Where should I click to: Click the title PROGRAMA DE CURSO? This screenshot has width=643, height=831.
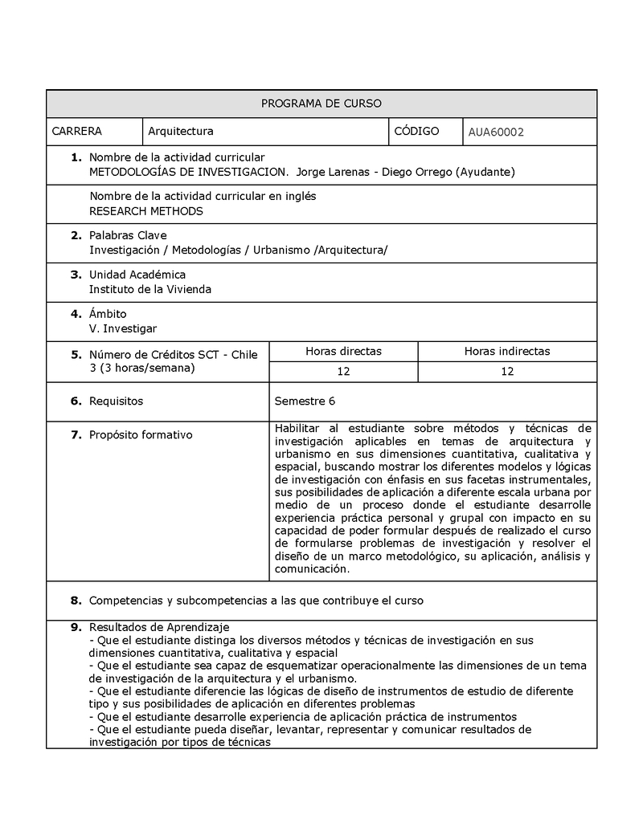[321, 104]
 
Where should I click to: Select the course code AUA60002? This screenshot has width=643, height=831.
[496, 132]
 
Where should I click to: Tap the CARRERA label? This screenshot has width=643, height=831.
[76, 131]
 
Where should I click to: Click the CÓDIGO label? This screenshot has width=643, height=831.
[416, 131]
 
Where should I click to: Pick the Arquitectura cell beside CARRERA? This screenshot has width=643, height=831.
[180, 131]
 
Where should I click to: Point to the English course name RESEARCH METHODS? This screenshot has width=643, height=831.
[146, 211]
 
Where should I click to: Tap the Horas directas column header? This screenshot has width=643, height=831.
[343, 351]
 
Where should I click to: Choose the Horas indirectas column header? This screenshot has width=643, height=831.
[506, 351]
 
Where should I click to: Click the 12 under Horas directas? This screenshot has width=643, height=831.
[343, 371]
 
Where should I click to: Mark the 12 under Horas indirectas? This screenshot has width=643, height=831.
[506, 371]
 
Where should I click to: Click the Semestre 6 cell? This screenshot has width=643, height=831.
[305, 401]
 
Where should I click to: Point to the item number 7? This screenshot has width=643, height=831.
[76, 435]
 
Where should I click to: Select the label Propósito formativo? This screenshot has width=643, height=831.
[141, 435]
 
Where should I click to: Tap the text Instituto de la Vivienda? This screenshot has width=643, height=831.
[149, 289]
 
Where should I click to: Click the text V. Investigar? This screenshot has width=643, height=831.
[123, 328]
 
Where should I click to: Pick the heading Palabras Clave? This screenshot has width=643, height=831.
[128, 235]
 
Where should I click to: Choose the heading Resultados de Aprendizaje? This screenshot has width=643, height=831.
[159, 627]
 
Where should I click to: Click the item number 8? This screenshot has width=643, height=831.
[76, 600]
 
